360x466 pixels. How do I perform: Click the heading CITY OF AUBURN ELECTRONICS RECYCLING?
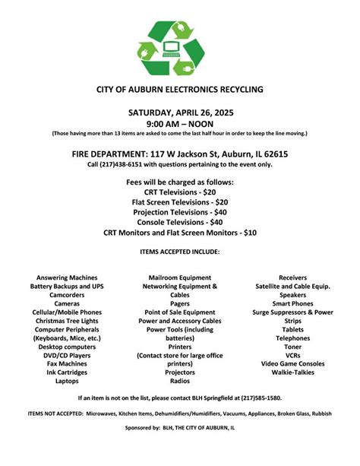(x=180, y=89)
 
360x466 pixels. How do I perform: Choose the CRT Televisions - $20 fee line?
(x=180, y=193)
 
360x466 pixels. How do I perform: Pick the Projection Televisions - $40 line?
(x=180, y=213)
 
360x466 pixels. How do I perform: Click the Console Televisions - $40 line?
(x=180, y=223)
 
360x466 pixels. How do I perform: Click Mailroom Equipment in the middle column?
(x=180, y=277)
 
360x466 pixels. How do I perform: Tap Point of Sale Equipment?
(x=180, y=312)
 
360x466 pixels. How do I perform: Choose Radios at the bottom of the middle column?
(x=180, y=382)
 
